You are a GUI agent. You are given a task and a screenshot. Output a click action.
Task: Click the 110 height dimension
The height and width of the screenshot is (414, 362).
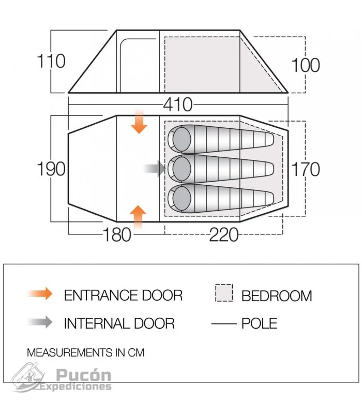point(51,61)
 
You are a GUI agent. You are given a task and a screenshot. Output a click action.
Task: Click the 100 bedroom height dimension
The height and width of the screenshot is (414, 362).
point(306,65)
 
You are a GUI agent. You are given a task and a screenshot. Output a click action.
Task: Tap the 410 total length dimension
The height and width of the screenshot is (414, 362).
point(178,105)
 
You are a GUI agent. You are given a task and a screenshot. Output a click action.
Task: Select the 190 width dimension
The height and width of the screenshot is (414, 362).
point(51,169)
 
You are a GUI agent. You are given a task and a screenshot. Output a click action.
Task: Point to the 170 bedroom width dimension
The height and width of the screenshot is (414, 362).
point(306,169)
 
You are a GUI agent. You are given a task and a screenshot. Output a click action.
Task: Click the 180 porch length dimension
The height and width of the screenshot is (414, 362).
point(117,235)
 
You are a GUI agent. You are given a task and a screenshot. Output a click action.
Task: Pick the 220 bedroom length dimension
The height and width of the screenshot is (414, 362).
point(224,235)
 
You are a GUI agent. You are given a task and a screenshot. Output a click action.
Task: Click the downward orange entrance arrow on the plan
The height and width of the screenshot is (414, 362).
point(139,122)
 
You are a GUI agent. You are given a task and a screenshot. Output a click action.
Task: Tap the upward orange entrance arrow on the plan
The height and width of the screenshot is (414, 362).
point(138,217)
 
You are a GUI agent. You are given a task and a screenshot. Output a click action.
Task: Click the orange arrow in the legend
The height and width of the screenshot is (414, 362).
point(40,293)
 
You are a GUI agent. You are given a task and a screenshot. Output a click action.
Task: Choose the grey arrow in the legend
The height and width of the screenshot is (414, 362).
point(40,322)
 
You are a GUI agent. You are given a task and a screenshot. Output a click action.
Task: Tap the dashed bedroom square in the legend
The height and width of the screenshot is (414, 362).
point(224,293)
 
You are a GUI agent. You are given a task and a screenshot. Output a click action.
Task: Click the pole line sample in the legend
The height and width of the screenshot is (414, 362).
point(224,323)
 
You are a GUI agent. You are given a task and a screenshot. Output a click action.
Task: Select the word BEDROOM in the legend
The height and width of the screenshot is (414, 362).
point(277,296)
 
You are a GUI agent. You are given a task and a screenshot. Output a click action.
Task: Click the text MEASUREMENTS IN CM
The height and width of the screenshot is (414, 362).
point(86,353)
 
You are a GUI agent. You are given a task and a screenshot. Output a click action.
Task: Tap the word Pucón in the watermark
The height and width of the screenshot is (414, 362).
point(83,375)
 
